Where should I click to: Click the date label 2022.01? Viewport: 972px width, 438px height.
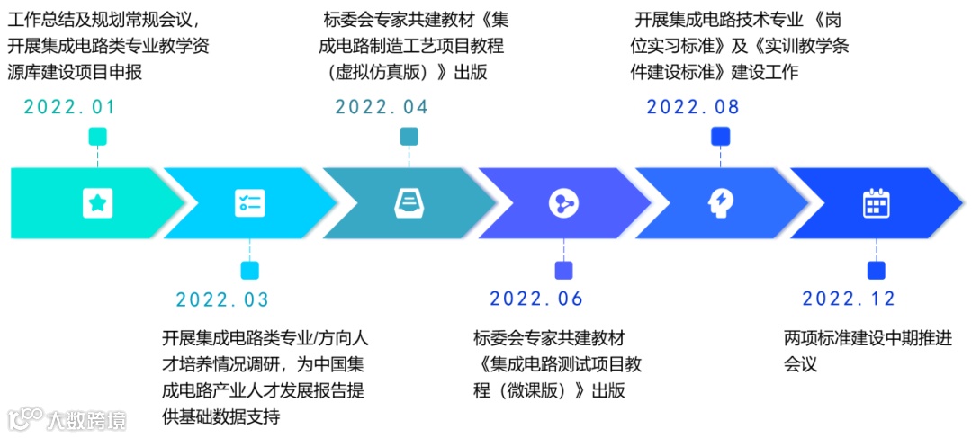click(x=69, y=107)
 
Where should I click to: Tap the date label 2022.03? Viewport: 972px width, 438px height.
click(x=222, y=299)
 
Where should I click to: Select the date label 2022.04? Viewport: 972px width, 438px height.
click(x=382, y=107)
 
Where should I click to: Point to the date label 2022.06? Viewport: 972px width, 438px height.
click(x=536, y=299)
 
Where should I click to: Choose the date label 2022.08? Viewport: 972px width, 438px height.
click(x=693, y=107)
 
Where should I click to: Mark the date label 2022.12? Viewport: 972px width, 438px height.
click(x=849, y=299)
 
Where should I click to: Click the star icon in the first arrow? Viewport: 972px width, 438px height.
click(x=97, y=203)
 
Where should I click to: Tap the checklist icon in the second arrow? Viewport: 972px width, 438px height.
click(x=249, y=203)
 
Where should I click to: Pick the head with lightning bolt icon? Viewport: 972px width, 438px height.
click(x=720, y=203)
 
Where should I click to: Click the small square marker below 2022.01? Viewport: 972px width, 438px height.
click(x=97, y=137)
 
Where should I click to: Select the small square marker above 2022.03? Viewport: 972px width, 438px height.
click(x=249, y=270)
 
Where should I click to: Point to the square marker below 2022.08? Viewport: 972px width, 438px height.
click(x=720, y=137)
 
